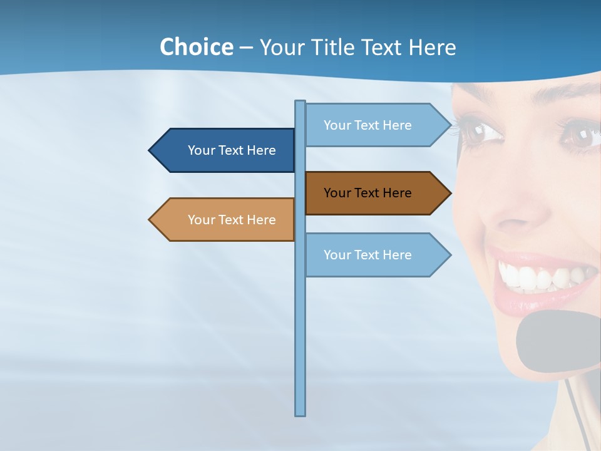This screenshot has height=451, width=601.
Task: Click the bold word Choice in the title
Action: [196, 48]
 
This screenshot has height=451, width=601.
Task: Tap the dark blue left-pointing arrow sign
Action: [225, 150]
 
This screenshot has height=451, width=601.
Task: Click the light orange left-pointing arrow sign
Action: [225, 220]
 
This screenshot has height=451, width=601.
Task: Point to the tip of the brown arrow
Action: [449, 193]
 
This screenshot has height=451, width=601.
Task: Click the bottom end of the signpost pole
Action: [300, 413]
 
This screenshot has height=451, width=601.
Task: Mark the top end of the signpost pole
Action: [300, 102]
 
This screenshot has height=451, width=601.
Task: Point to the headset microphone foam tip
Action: [557, 341]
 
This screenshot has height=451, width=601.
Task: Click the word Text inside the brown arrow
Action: [367, 193]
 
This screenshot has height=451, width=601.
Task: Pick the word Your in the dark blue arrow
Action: [201, 150]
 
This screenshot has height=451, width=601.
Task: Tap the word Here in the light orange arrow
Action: [261, 220]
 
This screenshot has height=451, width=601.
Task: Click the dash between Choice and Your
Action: [246, 48]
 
